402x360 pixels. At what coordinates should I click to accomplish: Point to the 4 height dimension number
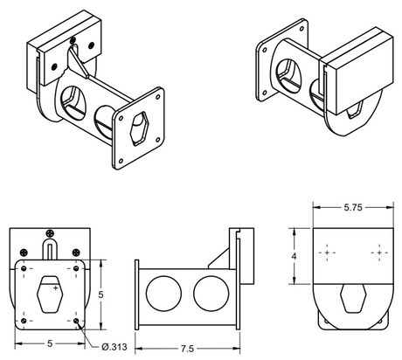pos(295,256)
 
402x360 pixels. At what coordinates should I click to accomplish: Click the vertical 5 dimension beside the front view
pos(101,295)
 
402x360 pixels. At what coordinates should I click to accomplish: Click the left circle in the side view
pos(161,293)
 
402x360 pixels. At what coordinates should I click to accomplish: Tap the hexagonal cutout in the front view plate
pos(53,296)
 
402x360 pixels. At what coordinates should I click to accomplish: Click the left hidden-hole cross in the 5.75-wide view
pos(328,253)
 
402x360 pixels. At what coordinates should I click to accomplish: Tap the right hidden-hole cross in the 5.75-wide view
pos(378,253)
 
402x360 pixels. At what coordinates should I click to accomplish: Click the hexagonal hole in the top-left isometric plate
pos(138,129)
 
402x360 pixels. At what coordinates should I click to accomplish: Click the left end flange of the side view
pos(137,294)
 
